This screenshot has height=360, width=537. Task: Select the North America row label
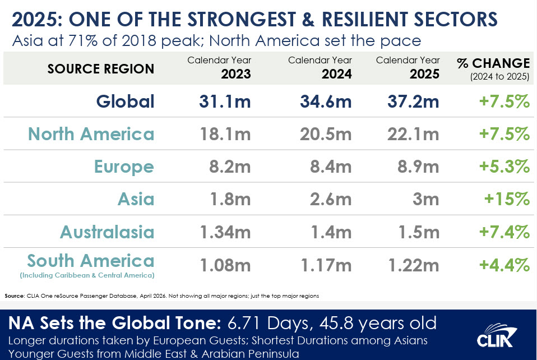91,134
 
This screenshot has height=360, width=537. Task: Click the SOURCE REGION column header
101,69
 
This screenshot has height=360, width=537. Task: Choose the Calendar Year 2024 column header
320,67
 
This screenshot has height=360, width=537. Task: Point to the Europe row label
124,167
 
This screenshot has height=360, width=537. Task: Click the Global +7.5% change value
504,101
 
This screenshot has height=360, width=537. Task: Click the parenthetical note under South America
87,275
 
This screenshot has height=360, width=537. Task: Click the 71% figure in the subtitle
75,41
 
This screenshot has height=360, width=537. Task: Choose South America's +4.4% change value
504,264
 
